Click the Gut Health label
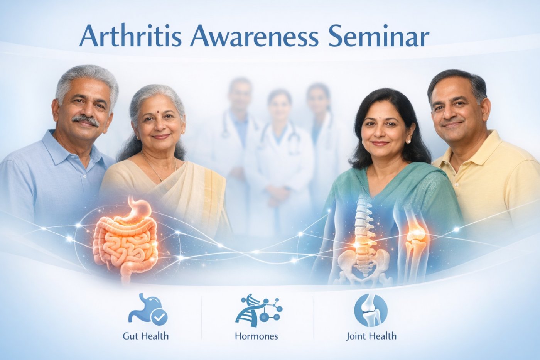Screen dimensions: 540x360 tap(146, 336)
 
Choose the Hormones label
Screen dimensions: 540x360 tap(256, 336)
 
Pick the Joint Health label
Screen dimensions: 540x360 tap(371, 336)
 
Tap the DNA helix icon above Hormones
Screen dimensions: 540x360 tap(258, 310)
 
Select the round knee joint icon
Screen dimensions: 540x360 tap(371, 310)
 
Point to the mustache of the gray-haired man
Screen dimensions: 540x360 tap(86, 120)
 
